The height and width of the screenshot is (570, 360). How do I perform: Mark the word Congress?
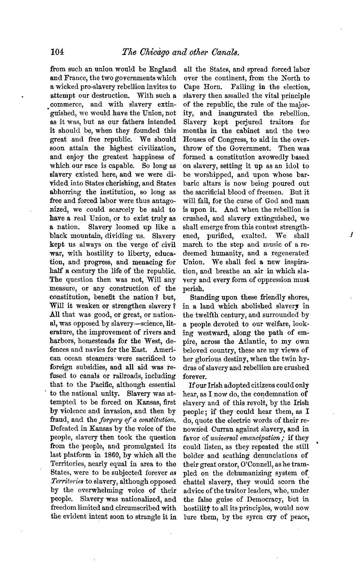point(239,140)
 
